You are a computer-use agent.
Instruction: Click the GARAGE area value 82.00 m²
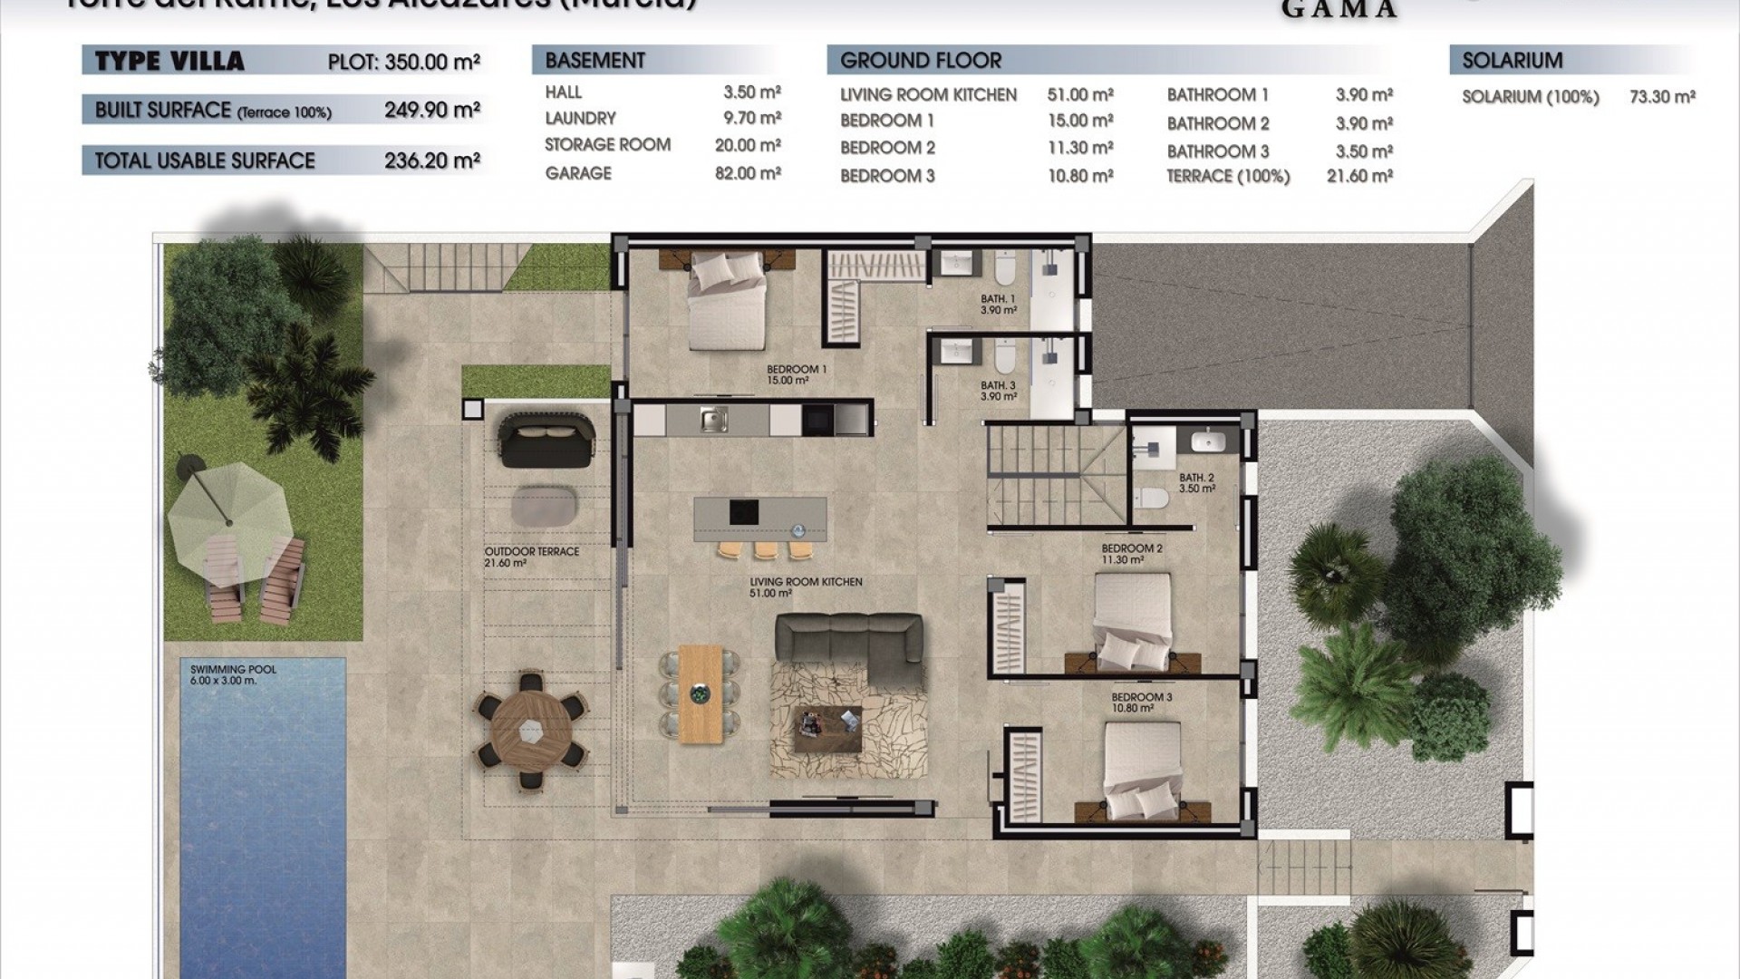tap(748, 173)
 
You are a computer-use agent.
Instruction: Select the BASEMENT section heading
tap(594, 61)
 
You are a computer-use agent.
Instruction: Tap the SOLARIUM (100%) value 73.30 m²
tap(1662, 97)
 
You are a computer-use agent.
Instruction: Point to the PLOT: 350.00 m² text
tap(403, 62)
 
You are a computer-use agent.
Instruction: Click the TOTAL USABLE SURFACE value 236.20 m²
tap(431, 160)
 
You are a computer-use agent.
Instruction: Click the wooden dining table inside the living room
tap(701, 693)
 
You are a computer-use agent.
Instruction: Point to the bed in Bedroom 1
tap(727, 301)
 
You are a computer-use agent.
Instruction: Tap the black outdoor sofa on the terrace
tap(546, 440)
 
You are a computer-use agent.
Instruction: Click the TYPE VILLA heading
tap(169, 62)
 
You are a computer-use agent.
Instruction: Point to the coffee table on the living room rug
tap(827, 729)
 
